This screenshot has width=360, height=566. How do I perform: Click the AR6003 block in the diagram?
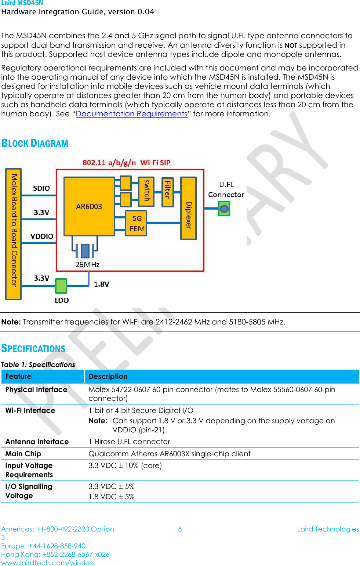[x=89, y=207]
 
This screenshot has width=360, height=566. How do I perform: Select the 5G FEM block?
[x=137, y=224]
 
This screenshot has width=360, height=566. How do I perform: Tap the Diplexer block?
[x=189, y=208]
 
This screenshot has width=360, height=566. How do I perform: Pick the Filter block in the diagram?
[x=168, y=192]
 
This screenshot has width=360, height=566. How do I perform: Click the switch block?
[x=146, y=191]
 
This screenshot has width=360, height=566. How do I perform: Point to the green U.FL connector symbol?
[x=224, y=209]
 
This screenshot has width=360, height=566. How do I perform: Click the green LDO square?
[x=61, y=286]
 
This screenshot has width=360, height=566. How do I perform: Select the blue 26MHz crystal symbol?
[x=85, y=251]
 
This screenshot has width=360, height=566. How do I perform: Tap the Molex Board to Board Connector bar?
[x=14, y=234]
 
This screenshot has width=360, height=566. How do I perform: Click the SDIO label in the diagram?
[x=41, y=188]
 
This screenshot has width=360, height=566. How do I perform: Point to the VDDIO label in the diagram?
[x=42, y=236]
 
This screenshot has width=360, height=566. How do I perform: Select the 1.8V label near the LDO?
[x=101, y=284]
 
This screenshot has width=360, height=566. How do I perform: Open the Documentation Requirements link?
[x=131, y=114]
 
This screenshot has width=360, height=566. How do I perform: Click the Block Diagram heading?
[x=35, y=143]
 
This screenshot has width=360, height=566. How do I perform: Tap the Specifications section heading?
[x=33, y=348]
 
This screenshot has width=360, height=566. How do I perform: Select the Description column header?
[x=108, y=376]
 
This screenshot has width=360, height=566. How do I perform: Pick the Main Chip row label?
[x=23, y=454]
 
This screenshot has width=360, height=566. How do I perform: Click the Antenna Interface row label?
[x=37, y=442]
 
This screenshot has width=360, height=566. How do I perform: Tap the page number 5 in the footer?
[x=180, y=529]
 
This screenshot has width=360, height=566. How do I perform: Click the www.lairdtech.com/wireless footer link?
[x=48, y=563]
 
